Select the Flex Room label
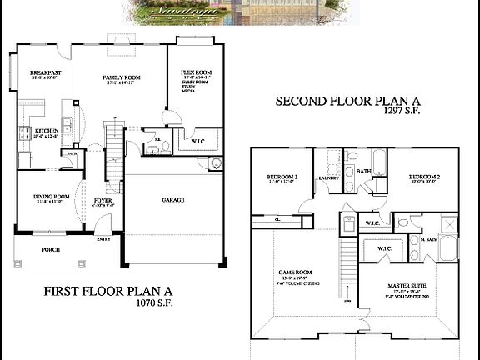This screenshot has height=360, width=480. point(193,73)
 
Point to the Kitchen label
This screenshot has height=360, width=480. point(45,131)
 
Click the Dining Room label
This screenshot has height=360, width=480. point(50,197)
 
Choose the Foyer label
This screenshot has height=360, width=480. point(102,200)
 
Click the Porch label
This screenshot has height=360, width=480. point(50,249)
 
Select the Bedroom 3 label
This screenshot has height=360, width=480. point(282,177)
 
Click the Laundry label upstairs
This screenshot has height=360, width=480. point(327,177)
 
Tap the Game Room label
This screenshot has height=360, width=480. point(294,272)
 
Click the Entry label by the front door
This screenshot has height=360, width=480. point(103,239)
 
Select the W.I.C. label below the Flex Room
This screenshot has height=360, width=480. point(198,141)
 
